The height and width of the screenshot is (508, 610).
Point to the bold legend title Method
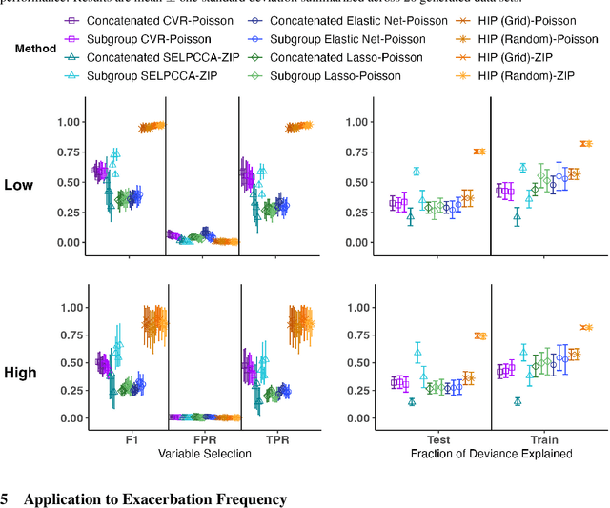[x=36, y=47]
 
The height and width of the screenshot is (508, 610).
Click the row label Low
[x=21, y=184]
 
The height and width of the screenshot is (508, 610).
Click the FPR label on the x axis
[x=202, y=440]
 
